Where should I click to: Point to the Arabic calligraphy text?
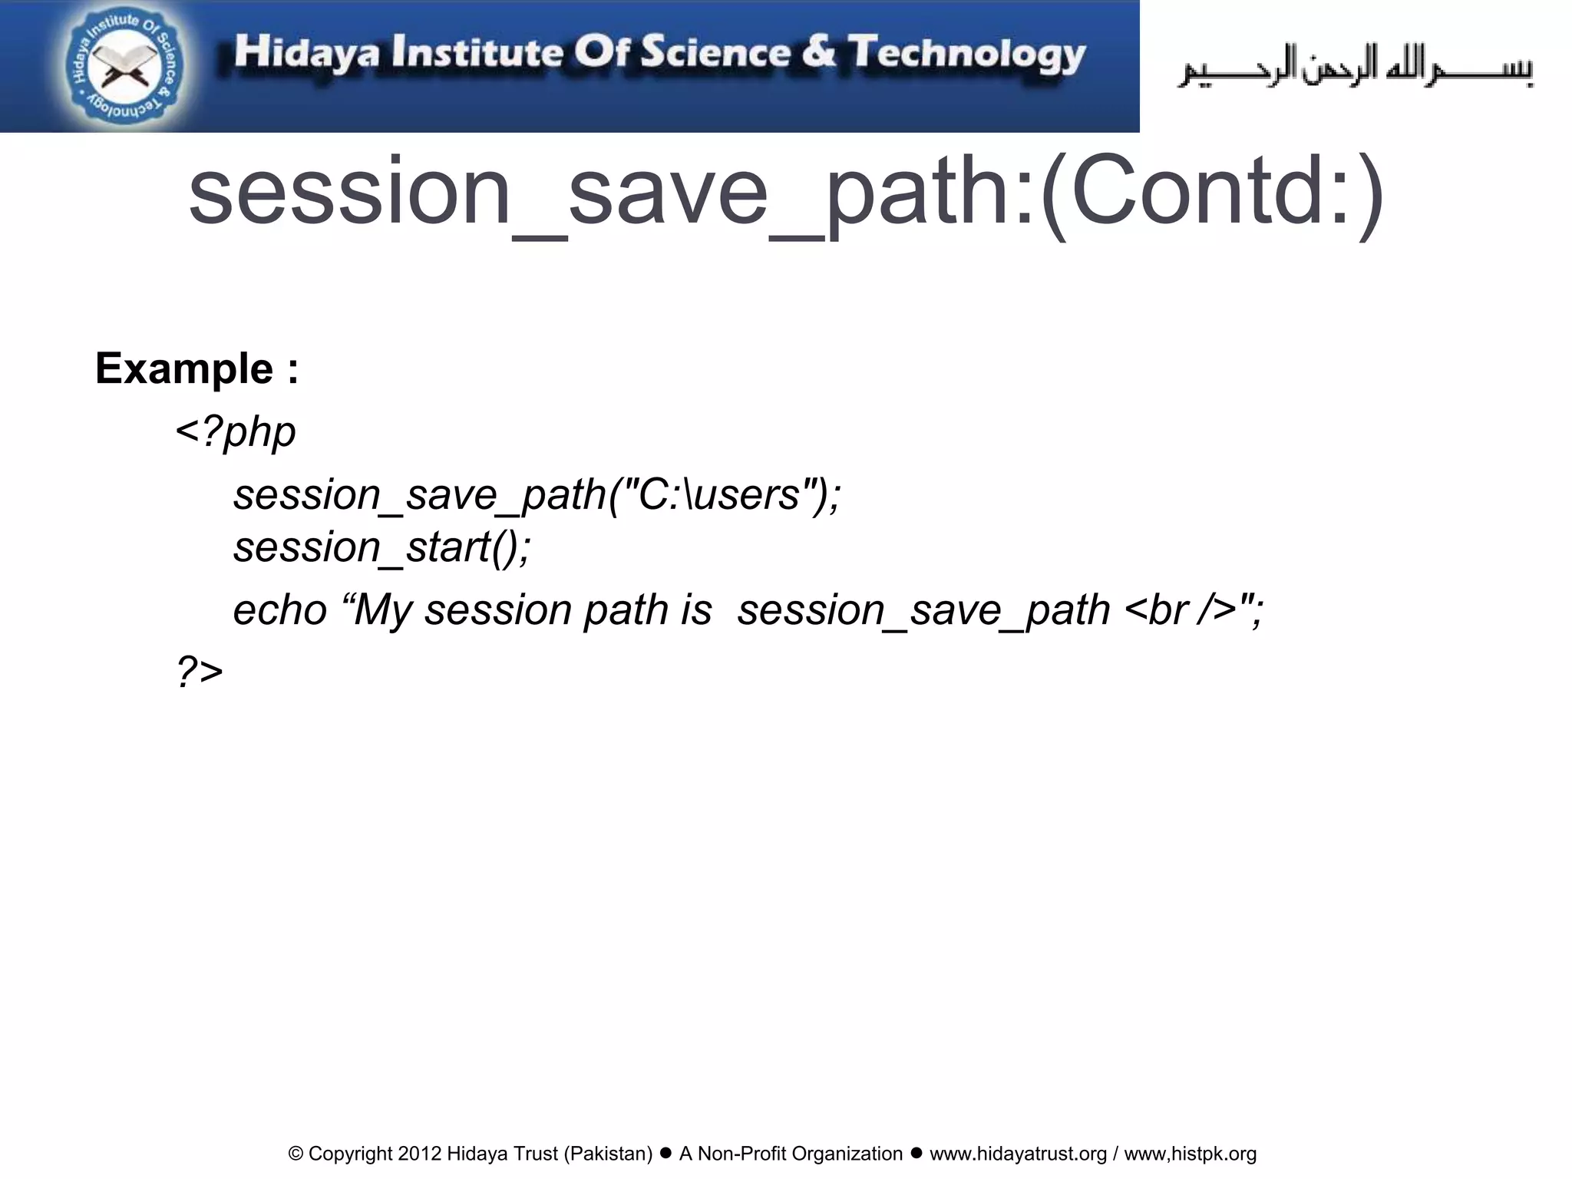1355,68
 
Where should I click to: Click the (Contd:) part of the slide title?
1213,192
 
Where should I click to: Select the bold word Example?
184,368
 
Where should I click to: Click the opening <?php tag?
236,431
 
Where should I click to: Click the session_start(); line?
381,547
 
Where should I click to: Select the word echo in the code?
280,610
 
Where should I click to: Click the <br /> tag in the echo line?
1181,610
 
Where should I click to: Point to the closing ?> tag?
200,671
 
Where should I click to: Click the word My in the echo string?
384,610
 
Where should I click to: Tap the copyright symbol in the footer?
296,1154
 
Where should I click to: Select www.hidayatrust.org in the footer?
1018,1154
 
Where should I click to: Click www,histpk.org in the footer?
1190,1154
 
